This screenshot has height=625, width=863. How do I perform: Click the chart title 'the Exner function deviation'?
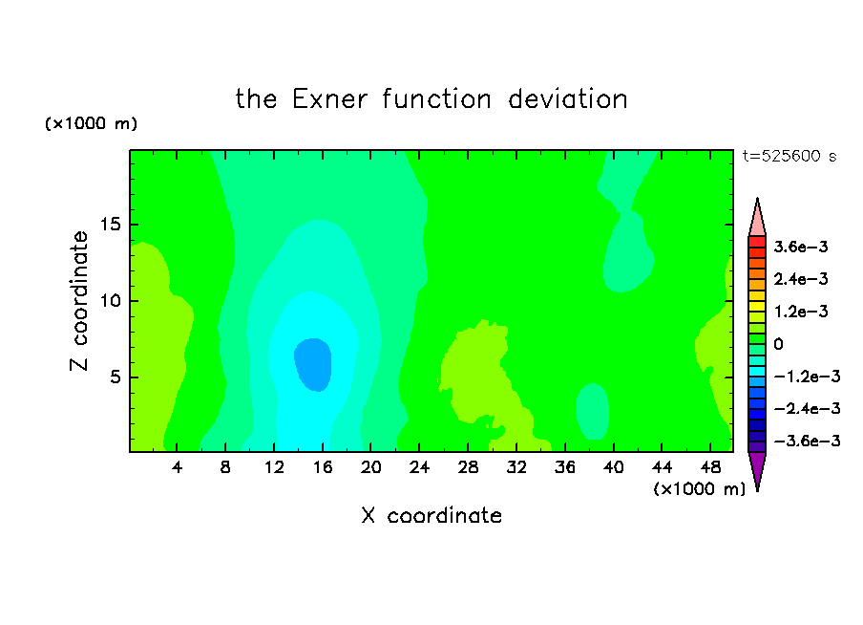click(431, 99)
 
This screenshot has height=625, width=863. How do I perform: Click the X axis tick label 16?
click(323, 468)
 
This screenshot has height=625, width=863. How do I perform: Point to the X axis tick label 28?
click(468, 468)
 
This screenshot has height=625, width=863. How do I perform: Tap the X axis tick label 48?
click(710, 468)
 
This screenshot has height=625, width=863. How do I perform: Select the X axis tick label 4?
click(177, 468)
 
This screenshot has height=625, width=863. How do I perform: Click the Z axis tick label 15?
click(111, 225)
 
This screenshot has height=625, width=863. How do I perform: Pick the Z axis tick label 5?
click(115, 377)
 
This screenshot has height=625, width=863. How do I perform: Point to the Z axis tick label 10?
click(111, 301)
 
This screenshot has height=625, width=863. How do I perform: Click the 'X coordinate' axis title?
click(431, 515)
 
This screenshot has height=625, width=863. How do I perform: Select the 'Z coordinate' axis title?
click(78, 301)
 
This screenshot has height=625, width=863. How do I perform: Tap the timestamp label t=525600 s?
click(789, 157)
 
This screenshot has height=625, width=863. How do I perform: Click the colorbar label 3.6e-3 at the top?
click(801, 247)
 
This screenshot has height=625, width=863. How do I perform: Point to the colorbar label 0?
click(778, 344)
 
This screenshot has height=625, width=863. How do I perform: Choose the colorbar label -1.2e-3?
click(807, 377)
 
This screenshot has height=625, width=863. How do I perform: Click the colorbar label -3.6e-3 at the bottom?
click(807, 441)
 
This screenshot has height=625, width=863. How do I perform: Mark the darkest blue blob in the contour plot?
click(313, 364)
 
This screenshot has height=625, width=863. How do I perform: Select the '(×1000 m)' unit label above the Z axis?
click(91, 123)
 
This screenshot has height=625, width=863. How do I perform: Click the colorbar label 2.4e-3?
click(801, 279)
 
